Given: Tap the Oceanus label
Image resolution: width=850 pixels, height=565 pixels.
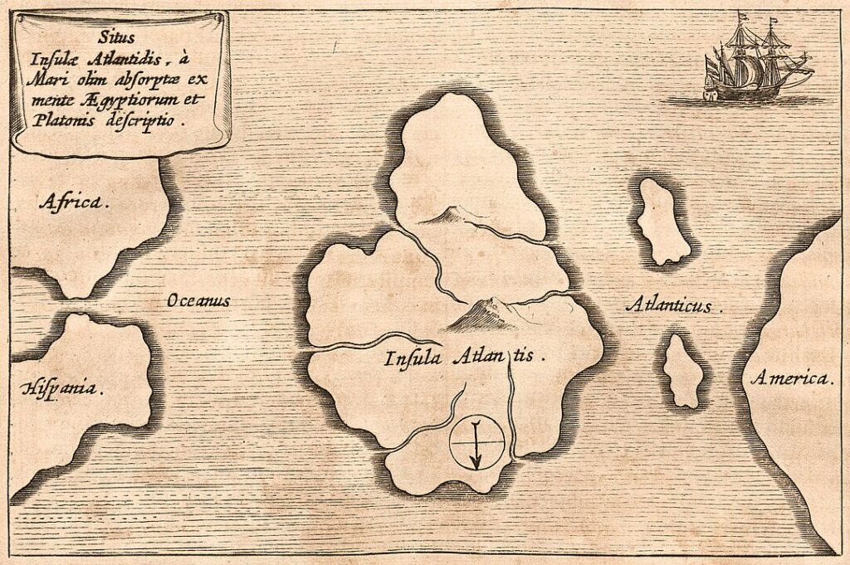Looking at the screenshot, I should tap(198, 300).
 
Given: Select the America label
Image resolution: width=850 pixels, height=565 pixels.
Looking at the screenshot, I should tap(791, 379).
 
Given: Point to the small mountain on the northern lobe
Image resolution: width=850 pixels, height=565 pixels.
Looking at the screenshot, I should tap(443, 217).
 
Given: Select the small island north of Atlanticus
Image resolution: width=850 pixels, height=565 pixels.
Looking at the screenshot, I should tap(662, 221).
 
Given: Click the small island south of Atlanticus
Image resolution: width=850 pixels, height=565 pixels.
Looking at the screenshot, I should tap(684, 371).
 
